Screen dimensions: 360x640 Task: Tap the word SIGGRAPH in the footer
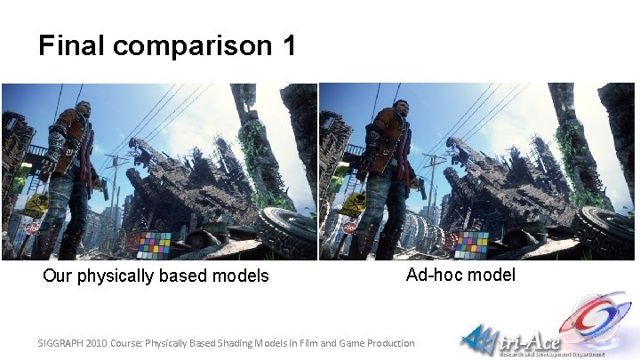(64, 343)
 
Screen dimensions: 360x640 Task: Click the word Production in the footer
(388, 343)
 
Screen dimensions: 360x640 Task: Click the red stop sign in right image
(350, 228)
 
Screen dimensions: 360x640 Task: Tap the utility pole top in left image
(115, 161)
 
